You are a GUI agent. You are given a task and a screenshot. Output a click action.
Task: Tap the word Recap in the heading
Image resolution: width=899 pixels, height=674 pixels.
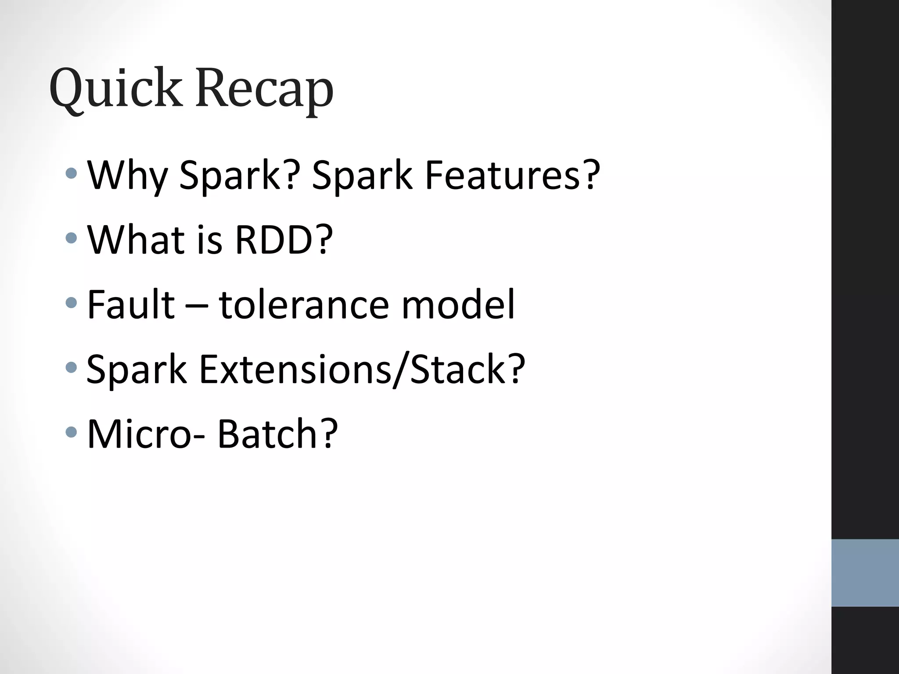264,90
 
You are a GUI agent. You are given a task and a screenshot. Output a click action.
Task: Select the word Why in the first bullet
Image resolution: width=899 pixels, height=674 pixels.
128,176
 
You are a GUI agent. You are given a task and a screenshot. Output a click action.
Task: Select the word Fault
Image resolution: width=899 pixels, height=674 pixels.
131,304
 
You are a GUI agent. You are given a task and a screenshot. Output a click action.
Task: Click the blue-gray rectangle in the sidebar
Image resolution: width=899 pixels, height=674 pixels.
865,573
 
